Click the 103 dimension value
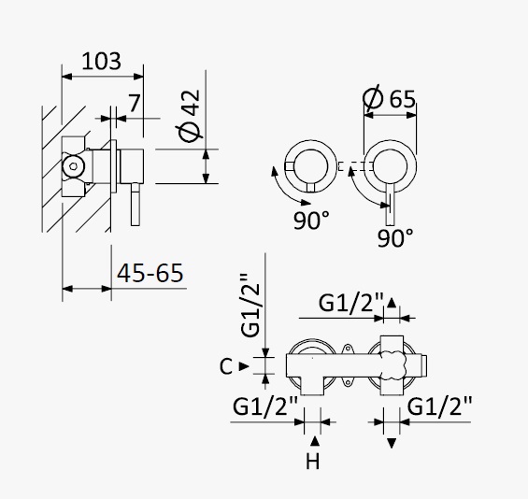(101, 62)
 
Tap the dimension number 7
(134, 103)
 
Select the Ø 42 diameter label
(190, 116)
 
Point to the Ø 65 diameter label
(390, 98)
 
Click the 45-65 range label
(150, 273)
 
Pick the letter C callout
(225, 366)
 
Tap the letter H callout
(313, 461)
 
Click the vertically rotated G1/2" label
(250, 305)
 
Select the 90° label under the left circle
(311, 221)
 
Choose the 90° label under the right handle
(395, 238)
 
